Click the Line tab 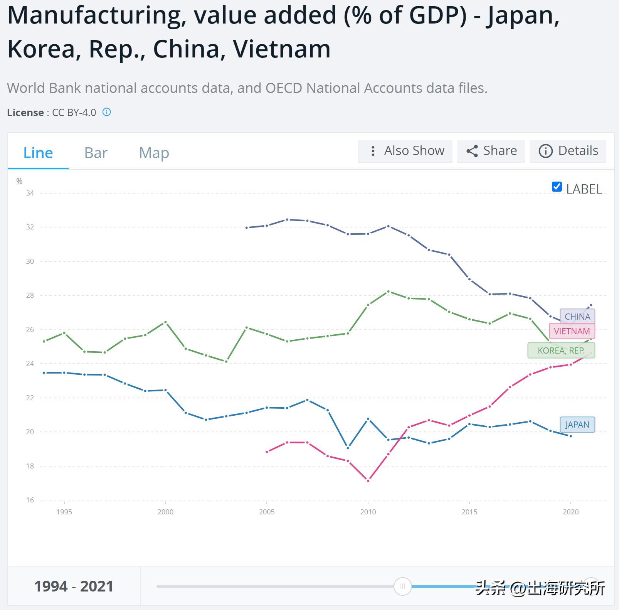click(38, 153)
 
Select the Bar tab click(96, 153)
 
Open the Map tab click(154, 153)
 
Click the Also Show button click(405, 151)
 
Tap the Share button click(491, 151)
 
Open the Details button click(568, 151)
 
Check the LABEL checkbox click(557, 187)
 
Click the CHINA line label click(577, 317)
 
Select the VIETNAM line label click(572, 331)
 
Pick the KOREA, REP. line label click(561, 350)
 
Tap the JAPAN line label click(577, 425)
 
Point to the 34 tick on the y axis click(30, 193)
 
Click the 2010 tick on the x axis click(368, 512)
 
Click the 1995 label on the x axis click(64, 512)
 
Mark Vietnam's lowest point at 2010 click(368, 481)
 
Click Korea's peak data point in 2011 click(389, 292)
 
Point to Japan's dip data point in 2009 click(348, 448)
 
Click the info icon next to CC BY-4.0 click(107, 112)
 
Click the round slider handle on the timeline click(402, 586)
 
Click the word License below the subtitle click(25, 113)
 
